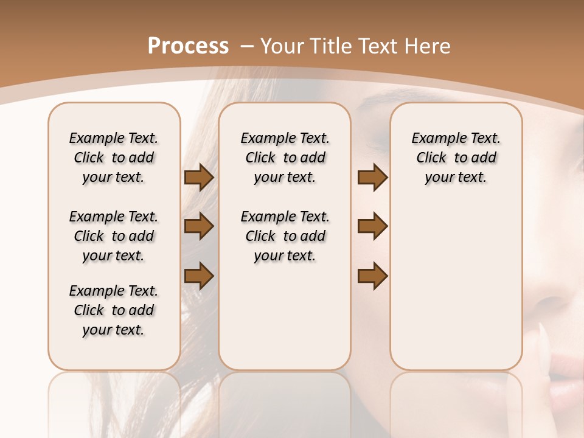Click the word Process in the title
pyautogui.click(x=188, y=46)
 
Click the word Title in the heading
pyautogui.click(x=328, y=46)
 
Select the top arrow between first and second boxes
pyautogui.click(x=199, y=178)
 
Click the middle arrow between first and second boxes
pyautogui.click(x=199, y=227)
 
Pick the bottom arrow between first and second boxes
pyautogui.click(x=199, y=276)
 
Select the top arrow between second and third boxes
pyautogui.click(x=372, y=178)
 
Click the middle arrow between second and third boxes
pyautogui.click(x=372, y=227)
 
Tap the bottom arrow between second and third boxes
pyautogui.click(x=372, y=276)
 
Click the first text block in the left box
pyautogui.click(x=114, y=158)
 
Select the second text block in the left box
pyautogui.click(x=114, y=236)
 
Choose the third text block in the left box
pyautogui.click(x=114, y=310)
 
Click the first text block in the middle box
pyautogui.click(x=285, y=158)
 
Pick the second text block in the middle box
pyautogui.click(x=285, y=236)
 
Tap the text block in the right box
pyautogui.click(x=456, y=158)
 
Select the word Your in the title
pyautogui.click(x=281, y=46)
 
